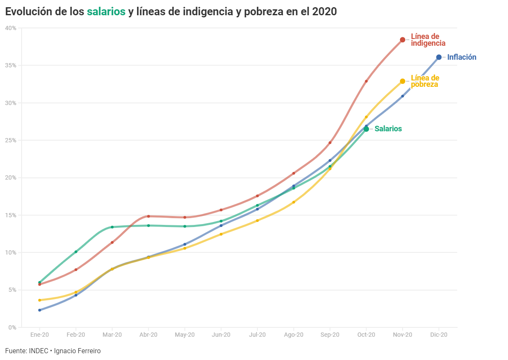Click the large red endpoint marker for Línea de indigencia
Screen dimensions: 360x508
pos(403,40)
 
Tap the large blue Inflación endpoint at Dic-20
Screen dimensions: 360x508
pos(439,57)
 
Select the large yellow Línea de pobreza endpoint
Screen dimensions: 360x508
pos(403,81)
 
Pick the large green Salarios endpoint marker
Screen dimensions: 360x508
pos(366,129)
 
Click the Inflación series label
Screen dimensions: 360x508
pos(461,57)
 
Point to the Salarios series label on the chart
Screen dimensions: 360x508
pos(388,129)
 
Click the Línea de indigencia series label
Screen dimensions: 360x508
pos(428,40)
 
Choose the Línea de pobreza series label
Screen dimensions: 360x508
pos(425,81)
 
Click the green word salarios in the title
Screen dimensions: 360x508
pos(106,12)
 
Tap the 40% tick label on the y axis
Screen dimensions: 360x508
pos(11,28)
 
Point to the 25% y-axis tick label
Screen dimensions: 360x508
pos(11,140)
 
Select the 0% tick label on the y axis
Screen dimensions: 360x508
pos(12,327)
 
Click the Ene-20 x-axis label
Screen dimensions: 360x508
pos(39,335)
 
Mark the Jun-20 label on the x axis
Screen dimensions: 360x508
pos(221,335)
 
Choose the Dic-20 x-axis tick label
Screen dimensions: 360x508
pos(439,335)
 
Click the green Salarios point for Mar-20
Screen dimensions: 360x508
pos(112,227)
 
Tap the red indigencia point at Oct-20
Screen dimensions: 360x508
pos(366,81)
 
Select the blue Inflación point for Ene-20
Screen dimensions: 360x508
pos(40,310)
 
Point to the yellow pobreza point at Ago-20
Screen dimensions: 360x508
pos(294,202)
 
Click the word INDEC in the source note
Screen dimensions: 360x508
pos(39,351)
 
